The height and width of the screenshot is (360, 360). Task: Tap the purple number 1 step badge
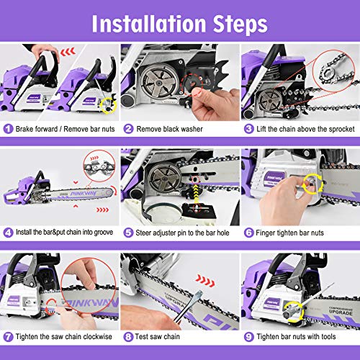pyautogui.click(x=7, y=130)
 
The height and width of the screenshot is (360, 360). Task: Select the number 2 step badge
pyautogui.click(x=127, y=130)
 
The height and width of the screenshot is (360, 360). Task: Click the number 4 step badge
pyautogui.click(x=7, y=233)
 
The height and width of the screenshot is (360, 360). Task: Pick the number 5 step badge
pyautogui.click(x=127, y=233)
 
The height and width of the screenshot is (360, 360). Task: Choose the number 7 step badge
pyautogui.click(x=7, y=336)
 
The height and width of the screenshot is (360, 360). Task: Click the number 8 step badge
pyautogui.click(x=127, y=336)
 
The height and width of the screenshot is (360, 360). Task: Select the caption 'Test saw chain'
pyautogui.click(x=160, y=336)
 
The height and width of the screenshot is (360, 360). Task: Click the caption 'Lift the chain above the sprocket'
pyautogui.click(x=302, y=130)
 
